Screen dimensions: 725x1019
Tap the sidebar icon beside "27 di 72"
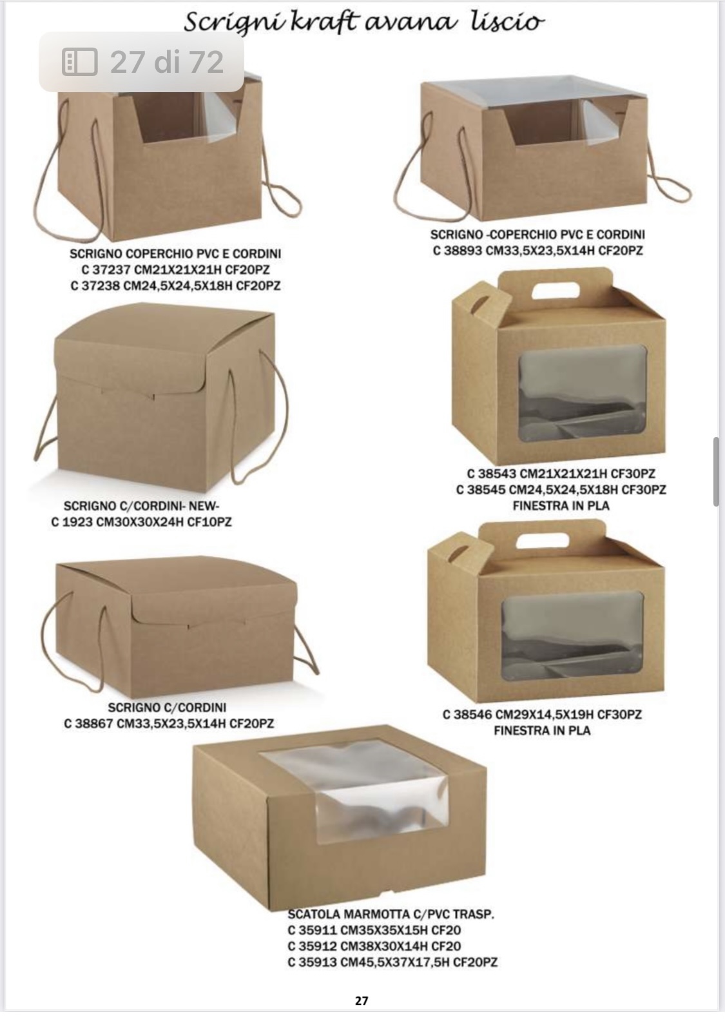pos(80,61)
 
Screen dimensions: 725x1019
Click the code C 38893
pos(457,251)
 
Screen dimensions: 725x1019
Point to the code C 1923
pos(71,522)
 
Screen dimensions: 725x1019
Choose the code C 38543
pos(492,474)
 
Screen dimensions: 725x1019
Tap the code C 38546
pos(468,715)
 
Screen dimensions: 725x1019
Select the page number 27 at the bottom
pos(362,1001)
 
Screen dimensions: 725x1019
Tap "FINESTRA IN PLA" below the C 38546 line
pos(542,731)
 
